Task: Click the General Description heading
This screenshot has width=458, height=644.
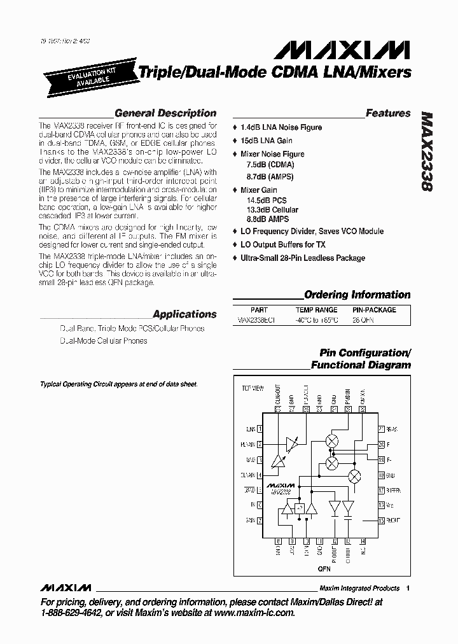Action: [x=165, y=113]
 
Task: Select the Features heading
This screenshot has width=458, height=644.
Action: [x=388, y=113]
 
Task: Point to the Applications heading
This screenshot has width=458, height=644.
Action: [x=184, y=314]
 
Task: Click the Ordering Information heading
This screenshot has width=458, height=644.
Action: [x=357, y=295]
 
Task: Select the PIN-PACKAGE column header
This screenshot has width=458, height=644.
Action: [x=374, y=310]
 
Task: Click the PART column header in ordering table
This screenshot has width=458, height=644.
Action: [x=259, y=310]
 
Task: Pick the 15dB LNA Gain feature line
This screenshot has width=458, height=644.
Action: [x=266, y=141]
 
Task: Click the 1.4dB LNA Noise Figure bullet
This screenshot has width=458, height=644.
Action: [x=281, y=127]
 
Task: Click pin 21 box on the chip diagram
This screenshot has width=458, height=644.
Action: [x=381, y=429]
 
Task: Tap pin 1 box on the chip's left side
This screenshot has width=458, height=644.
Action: [x=260, y=429]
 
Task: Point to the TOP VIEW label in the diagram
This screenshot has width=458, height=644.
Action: [x=252, y=388]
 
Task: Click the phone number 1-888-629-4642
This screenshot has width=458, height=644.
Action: [x=70, y=613]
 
